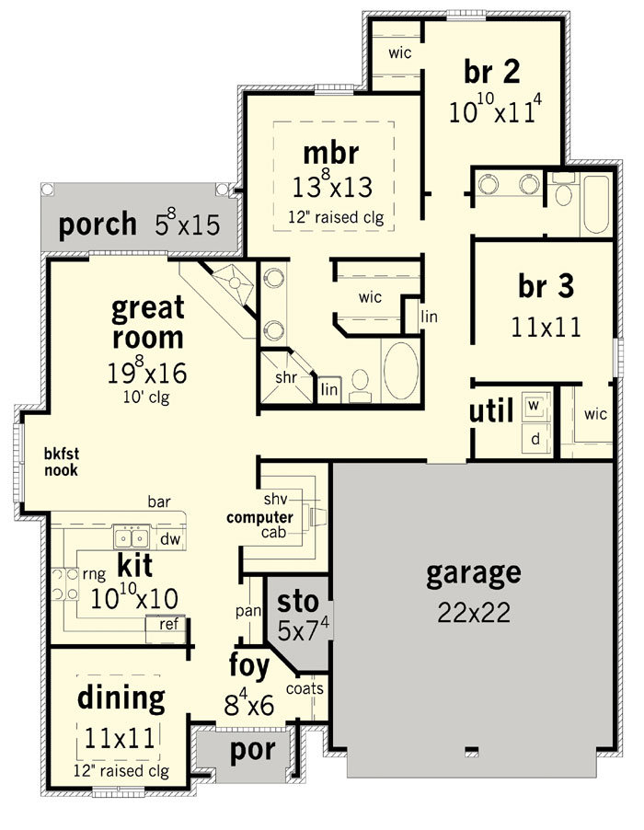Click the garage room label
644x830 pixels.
pos(474,574)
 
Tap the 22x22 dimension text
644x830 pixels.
pos(474,613)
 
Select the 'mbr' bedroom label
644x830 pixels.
pos(330,153)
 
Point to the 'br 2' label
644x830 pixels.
pos(492,72)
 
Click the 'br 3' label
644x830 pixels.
pos(546,286)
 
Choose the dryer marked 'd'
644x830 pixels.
pos(535,439)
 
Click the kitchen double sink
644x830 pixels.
pos(131,537)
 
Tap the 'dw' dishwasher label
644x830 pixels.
pos(170,539)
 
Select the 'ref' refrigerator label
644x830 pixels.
pos(168,624)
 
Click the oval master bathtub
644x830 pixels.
pos(400,371)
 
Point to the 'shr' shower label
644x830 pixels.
pos(286,377)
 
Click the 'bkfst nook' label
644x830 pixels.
pos(61,462)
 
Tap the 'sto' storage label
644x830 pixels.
pos(298,602)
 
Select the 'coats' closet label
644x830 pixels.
pos(305,688)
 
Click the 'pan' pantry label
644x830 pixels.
pos(248,611)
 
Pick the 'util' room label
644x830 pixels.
pos(491,410)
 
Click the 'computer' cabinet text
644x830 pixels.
pos(259,518)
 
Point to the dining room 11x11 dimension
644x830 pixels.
pos(120,738)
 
